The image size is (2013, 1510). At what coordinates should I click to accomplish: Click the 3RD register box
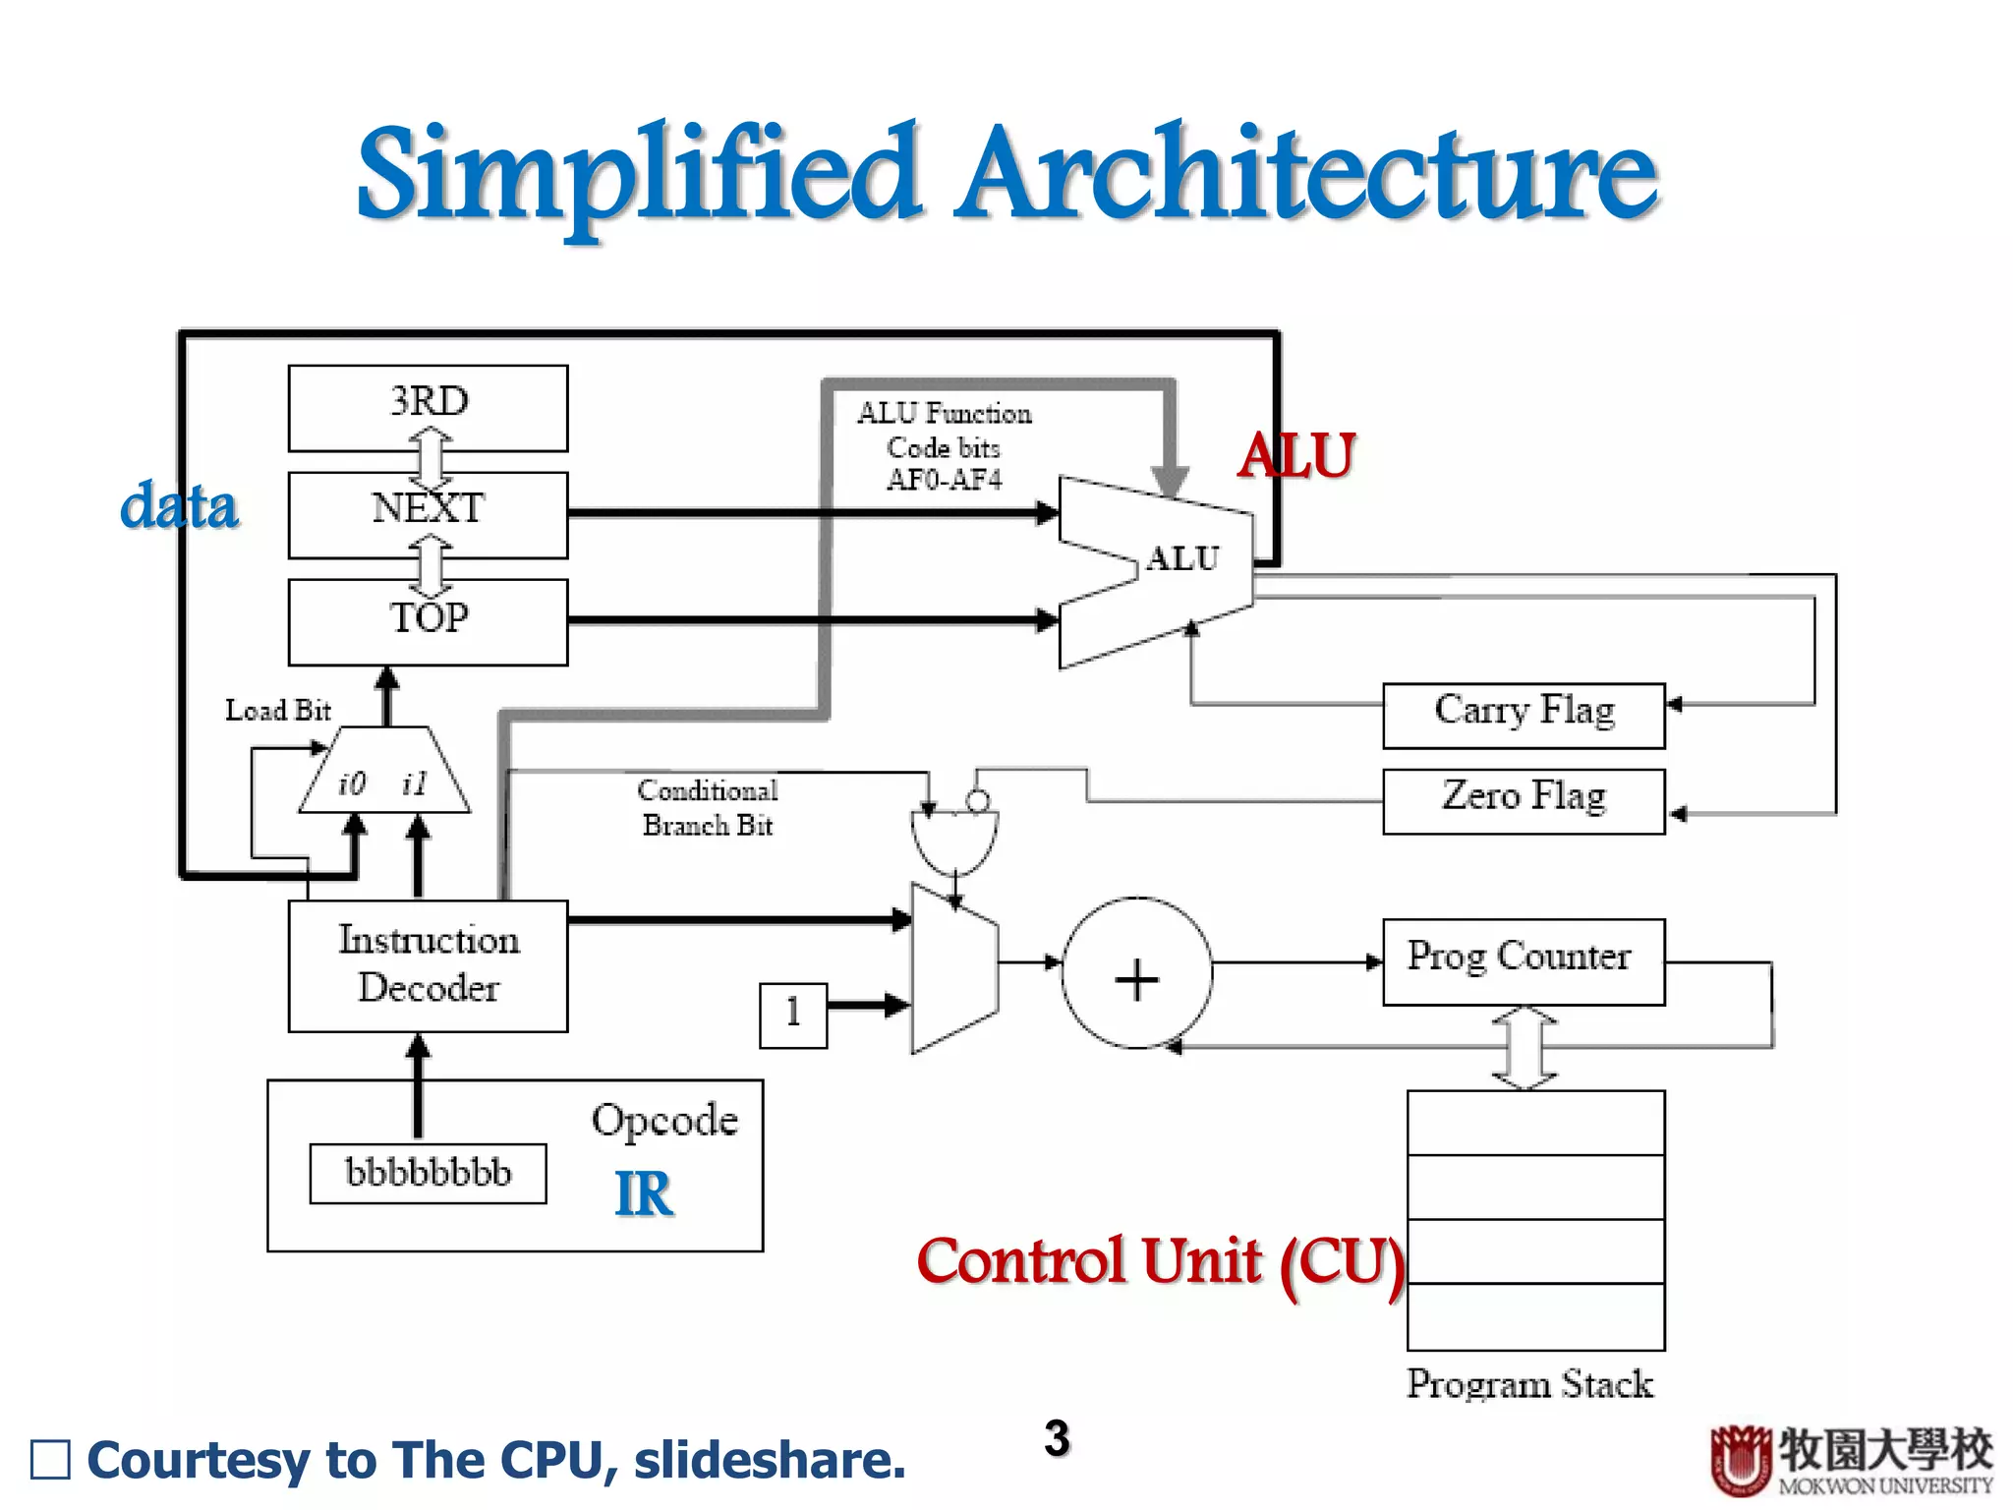(x=428, y=408)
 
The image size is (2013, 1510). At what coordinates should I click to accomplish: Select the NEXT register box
(x=428, y=514)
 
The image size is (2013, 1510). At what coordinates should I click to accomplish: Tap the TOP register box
(x=428, y=621)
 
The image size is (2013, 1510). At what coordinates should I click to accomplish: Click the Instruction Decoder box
(x=428, y=965)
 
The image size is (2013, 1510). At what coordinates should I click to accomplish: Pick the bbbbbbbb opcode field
(x=428, y=1173)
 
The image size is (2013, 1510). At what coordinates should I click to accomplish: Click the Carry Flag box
(x=1524, y=715)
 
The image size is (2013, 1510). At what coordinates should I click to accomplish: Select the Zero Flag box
(x=1524, y=800)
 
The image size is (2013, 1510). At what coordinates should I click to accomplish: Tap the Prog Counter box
(x=1524, y=960)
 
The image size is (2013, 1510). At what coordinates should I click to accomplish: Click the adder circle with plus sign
(x=1137, y=973)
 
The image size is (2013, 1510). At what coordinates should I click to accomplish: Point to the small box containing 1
(x=793, y=1014)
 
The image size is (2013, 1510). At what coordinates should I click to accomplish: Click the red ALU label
(x=1296, y=456)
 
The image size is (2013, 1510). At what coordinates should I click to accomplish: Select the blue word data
(x=179, y=506)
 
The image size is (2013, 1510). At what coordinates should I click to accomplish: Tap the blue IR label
(x=644, y=1194)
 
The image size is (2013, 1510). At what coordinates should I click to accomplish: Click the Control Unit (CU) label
(x=1160, y=1262)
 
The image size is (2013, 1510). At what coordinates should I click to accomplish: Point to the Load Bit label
(x=278, y=710)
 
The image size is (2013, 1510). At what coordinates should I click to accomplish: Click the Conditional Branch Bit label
(x=708, y=807)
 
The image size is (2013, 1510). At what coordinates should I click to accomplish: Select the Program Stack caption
(x=1529, y=1384)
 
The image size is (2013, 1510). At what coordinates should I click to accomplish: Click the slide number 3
(x=1057, y=1438)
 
